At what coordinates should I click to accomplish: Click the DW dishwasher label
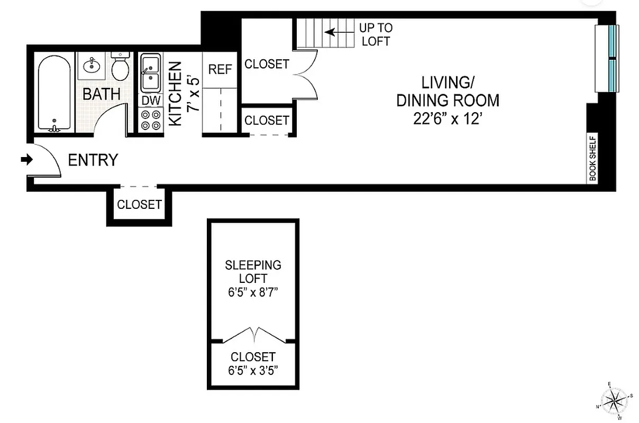149,100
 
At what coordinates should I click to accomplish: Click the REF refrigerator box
220,70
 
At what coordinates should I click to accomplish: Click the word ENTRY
93,160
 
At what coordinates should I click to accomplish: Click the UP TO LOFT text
376,34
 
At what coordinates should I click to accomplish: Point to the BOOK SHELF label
592,159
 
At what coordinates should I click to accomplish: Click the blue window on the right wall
612,58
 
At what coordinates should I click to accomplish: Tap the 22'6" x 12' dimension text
448,119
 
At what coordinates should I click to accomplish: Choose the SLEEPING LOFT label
253,271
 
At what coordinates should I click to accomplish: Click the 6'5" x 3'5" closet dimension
253,370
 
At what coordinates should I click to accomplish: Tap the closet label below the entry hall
139,205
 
